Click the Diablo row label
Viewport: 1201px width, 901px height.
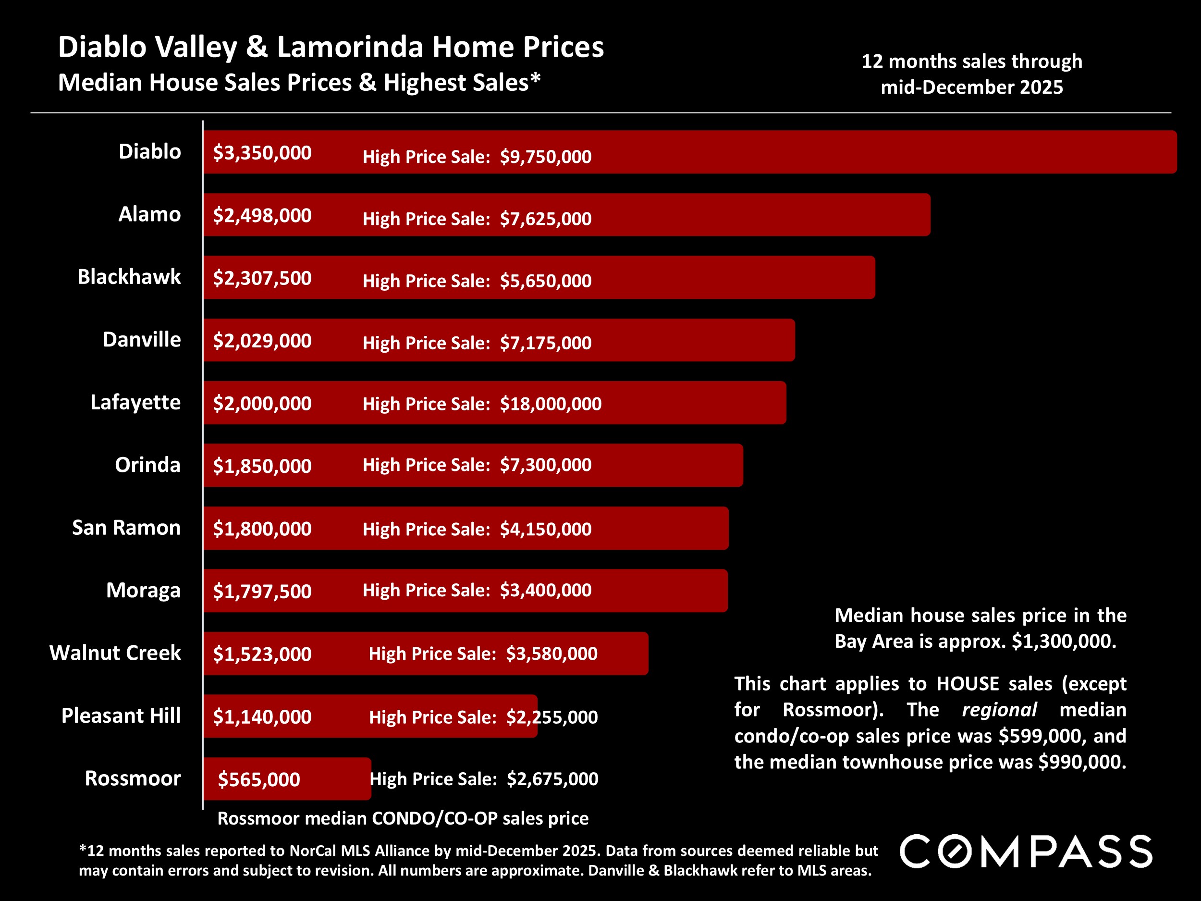[149, 151]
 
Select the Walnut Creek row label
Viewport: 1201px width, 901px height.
[115, 653]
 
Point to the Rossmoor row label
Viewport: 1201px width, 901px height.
[133, 778]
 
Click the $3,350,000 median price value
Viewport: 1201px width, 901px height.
[262, 153]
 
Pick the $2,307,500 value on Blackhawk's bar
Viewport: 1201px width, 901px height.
[262, 278]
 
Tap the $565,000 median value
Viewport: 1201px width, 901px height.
[259, 779]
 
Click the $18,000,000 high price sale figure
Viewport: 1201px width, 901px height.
[551, 404]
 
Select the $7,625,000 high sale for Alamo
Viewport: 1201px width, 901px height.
[546, 219]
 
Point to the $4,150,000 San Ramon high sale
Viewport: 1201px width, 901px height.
[546, 529]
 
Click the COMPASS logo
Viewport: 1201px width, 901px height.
[1026, 852]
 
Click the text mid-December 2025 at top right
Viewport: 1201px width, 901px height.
[971, 87]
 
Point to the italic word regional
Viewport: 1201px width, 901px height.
[999, 710]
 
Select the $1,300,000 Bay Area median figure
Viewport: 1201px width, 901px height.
[1064, 642]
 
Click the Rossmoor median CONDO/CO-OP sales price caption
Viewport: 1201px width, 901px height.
[403, 818]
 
